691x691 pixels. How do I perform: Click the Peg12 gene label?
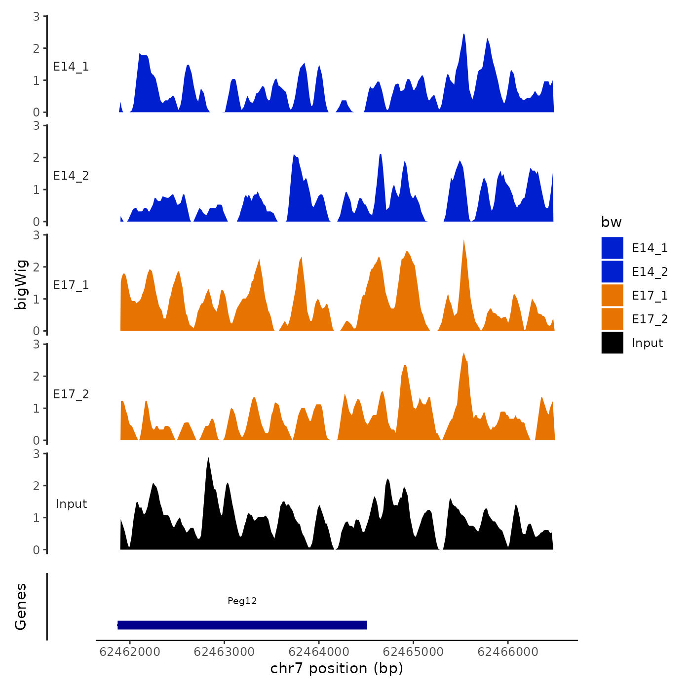point(242,601)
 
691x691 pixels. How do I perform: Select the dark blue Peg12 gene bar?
point(242,625)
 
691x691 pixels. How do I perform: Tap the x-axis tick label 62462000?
point(130,652)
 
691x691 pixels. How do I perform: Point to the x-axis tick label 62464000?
point(319,652)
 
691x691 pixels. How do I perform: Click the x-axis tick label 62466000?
point(508,652)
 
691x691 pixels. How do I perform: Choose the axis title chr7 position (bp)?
point(337,668)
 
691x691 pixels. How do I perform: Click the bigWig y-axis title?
point(21,284)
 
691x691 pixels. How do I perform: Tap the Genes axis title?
point(21,607)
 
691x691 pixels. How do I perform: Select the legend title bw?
point(611,222)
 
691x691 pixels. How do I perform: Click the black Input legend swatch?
point(612,343)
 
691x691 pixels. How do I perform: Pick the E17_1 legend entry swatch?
point(612,295)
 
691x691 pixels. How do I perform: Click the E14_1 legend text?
point(650,248)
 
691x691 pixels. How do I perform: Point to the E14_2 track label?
point(71,176)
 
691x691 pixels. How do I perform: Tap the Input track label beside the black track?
point(71,504)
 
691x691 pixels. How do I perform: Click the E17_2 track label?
point(71,394)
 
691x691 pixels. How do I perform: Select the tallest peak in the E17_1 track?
point(464,241)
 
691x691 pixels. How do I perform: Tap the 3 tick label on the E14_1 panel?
point(37,16)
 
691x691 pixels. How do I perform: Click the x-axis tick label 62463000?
point(224,652)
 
